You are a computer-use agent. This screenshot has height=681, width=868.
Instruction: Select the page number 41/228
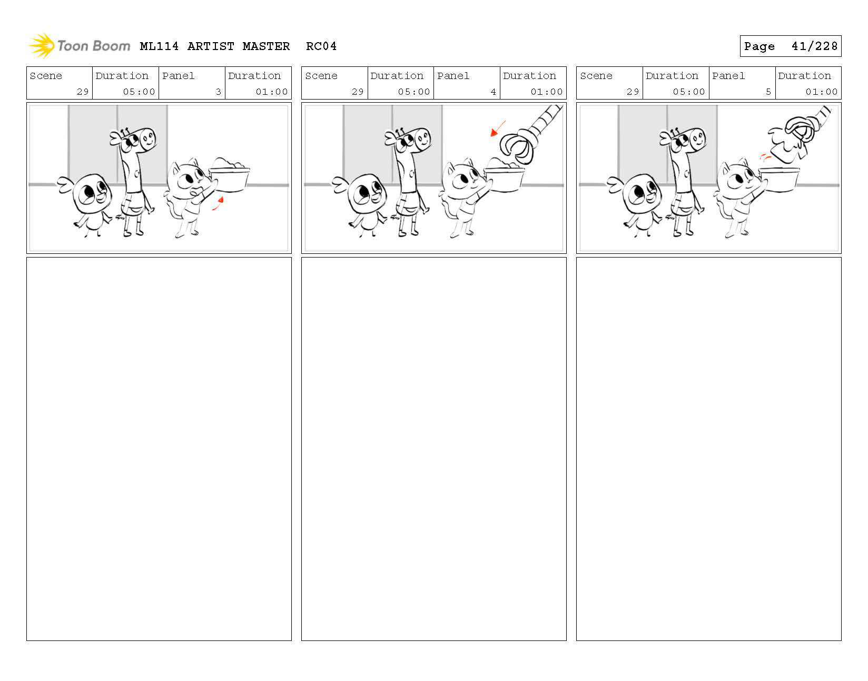click(814, 46)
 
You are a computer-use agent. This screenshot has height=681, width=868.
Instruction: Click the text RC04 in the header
click(321, 46)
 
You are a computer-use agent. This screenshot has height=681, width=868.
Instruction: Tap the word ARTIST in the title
click(211, 46)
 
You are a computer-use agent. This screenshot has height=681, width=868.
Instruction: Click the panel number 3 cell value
click(218, 92)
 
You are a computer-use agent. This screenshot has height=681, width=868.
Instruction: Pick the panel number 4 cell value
click(494, 92)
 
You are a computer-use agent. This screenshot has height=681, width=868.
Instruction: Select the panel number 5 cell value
click(768, 92)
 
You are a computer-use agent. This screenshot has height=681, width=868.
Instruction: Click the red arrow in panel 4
click(498, 128)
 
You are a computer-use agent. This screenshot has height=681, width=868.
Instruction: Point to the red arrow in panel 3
click(218, 203)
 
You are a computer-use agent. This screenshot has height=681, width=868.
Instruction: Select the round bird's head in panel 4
click(366, 194)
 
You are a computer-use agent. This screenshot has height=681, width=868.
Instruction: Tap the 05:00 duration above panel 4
click(413, 92)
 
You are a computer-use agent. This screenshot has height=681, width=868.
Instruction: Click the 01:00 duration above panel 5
click(821, 92)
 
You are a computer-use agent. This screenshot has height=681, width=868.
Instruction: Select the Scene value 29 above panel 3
click(83, 92)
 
